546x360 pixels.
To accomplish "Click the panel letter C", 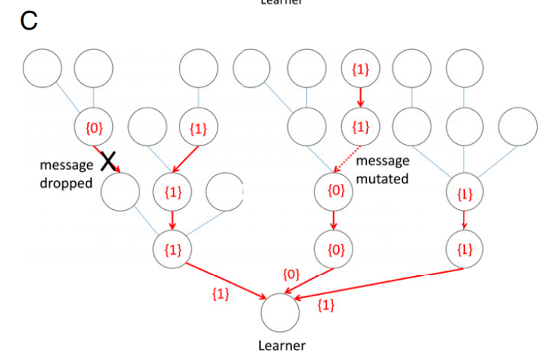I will tap(29, 20).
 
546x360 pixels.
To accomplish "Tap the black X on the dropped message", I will tap(109, 161).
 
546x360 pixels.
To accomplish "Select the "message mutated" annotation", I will tap(382, 170).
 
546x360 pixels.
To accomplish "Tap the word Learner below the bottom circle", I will tap(281, 346).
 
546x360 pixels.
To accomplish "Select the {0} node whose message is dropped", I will tap(94, 127).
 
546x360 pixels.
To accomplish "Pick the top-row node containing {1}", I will tap(360, 70).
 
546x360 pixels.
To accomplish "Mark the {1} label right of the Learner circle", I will tap(325, 305).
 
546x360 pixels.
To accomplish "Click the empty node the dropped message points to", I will tap(121, 191).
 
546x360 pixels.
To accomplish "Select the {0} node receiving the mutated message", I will tap(334, 191).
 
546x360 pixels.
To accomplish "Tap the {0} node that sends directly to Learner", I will tap(334, 249).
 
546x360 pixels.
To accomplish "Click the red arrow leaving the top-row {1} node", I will tap(360, 98).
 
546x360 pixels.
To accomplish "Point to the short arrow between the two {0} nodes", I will tap(334, 220).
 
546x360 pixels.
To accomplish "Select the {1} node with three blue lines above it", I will tap(465, 193).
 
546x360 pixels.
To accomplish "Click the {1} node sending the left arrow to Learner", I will tap(173, 249).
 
